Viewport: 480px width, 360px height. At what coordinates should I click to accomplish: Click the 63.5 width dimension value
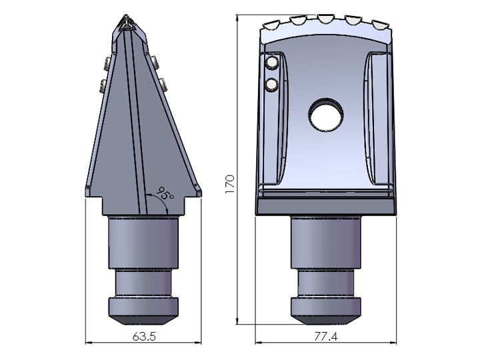pyautogui.click(x=144, y=337)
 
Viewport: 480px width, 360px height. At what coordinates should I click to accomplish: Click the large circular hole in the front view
pyautogui.click(x=326, y=115)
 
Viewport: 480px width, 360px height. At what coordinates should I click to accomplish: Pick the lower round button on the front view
pyautogui.click(x=271, y=84)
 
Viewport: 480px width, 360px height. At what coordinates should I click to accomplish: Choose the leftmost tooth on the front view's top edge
pyautogui.click(x=271, y=27)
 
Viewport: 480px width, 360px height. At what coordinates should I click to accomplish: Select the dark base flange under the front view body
pyautogui.click(x=326, y=207)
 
